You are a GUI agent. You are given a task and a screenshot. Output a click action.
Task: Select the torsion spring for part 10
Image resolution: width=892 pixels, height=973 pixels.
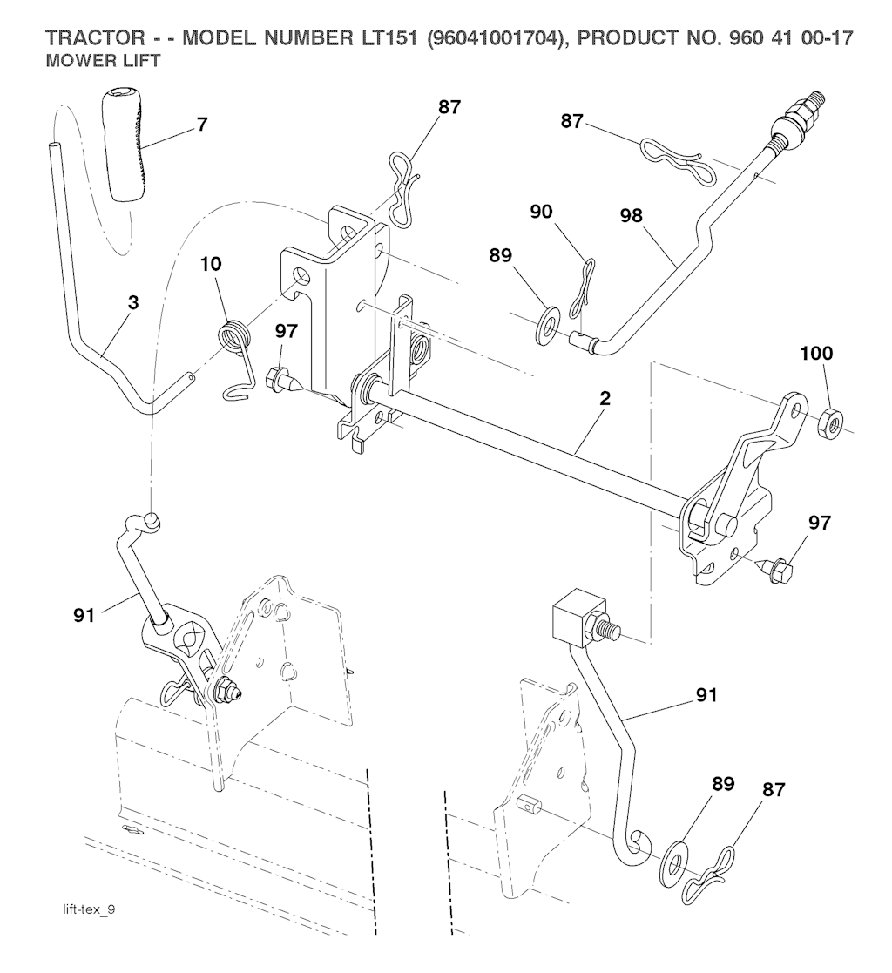coord(232,339)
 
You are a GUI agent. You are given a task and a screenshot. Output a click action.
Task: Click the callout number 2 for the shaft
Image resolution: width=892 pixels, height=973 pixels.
coord(605,399)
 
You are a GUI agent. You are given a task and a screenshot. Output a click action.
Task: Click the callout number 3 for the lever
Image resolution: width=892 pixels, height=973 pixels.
coord(132,303)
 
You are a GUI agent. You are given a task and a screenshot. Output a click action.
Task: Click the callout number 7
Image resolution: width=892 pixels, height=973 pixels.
coord(202,124)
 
